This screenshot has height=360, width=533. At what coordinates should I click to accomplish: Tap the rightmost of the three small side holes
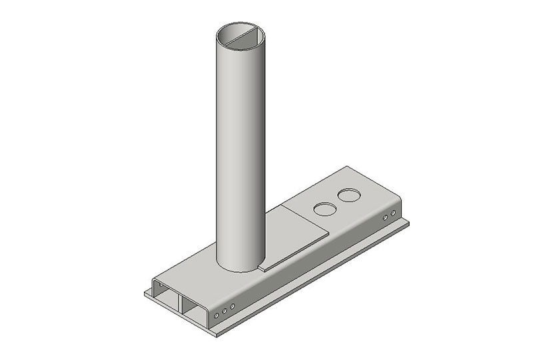point(232,307)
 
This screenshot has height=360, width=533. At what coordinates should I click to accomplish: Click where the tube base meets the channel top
point(240,269)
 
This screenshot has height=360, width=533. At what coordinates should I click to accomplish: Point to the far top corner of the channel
point(345,167)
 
